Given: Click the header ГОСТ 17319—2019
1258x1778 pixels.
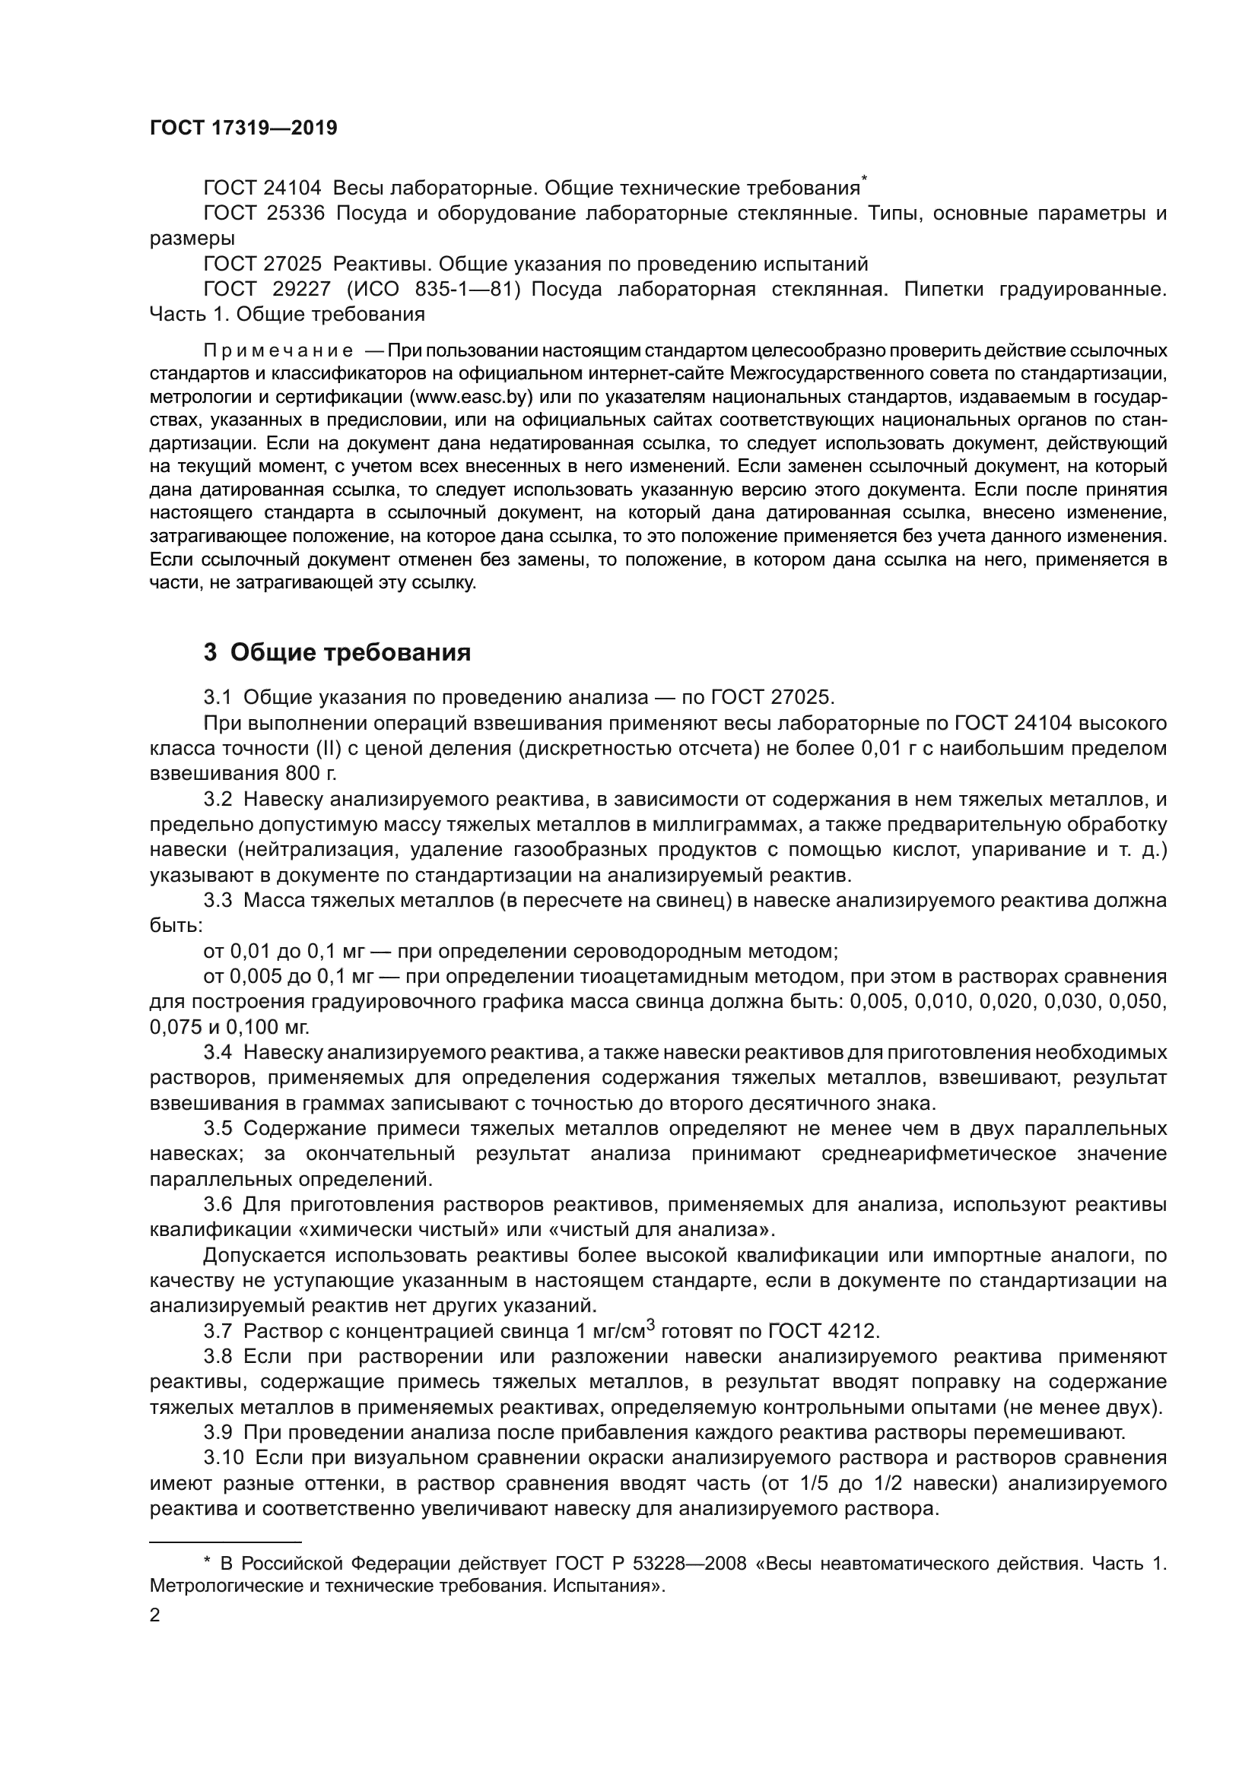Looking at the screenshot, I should (x=243, y=128).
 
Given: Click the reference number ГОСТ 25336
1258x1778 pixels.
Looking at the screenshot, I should (x=263, y=214).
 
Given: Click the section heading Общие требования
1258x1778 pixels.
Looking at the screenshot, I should (x=350, y=653).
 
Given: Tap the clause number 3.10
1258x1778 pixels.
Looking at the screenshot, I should (x=223, y=1457).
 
